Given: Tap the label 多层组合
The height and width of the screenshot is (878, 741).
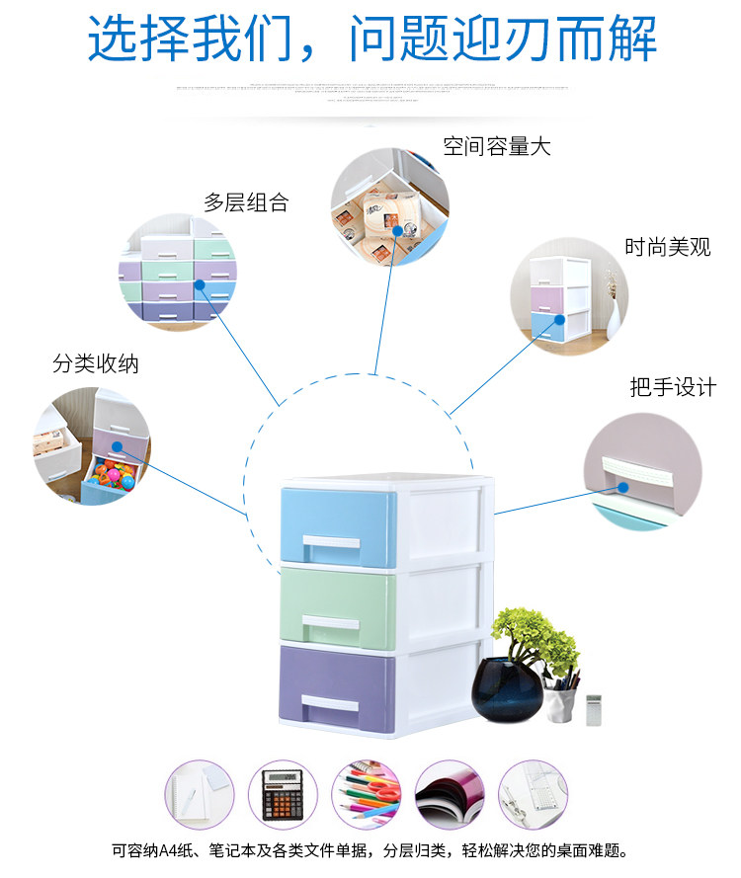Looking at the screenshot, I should (x=246, y=203).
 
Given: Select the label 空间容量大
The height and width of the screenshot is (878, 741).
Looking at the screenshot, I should (x=496, y=147).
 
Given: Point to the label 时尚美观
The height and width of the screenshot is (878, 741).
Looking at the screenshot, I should (x=667, y=247).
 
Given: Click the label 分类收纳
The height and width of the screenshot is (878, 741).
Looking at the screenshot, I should (x=96, y=363).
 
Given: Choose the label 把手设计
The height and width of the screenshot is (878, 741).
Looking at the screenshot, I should (x=673, y=387).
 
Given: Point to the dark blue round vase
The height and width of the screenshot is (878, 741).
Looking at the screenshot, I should (x=506, y=690).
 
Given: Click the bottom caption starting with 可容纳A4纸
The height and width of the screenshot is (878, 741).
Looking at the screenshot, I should (x=370, y=850).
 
